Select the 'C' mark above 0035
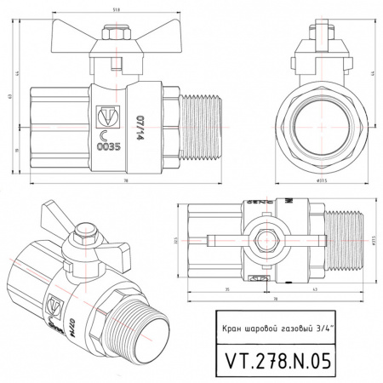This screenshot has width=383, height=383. [x=106, y=133]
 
